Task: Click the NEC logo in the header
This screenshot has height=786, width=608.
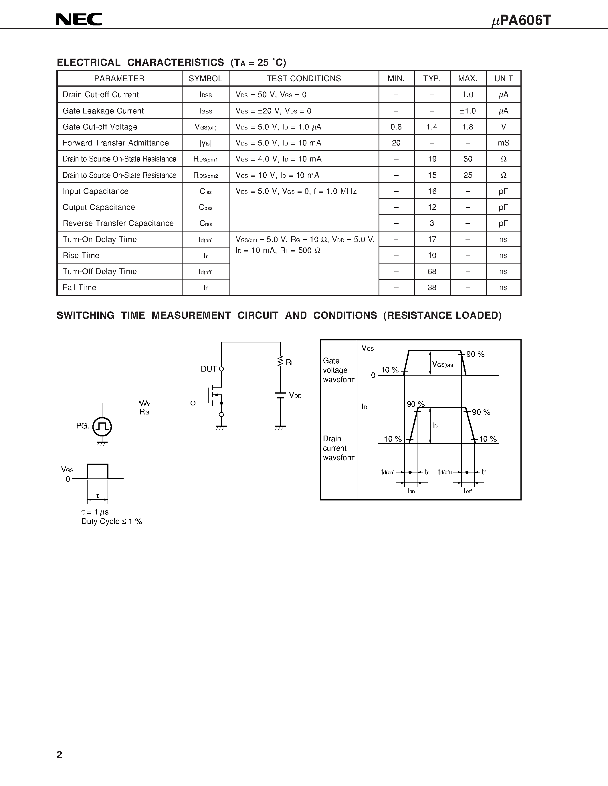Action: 79,19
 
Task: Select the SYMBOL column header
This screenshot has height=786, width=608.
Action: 206,78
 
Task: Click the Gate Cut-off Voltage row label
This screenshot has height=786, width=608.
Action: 100,127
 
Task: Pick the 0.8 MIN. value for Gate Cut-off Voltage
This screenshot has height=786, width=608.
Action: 396,127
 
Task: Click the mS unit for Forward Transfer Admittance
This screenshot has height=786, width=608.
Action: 503,143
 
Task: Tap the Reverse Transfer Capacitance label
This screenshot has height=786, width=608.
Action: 118,224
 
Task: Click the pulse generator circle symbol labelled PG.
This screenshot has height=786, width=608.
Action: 102,427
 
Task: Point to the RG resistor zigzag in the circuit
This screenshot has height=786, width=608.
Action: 144,403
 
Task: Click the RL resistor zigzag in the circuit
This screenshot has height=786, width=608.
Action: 280,361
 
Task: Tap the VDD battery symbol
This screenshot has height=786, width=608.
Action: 280,395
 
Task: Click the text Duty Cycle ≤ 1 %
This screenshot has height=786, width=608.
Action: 111,522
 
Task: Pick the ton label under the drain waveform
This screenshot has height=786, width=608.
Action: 411,491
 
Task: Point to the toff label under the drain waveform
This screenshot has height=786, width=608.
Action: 468,491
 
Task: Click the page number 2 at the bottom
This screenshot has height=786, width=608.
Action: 60,755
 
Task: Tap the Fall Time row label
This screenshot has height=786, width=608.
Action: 79,288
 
